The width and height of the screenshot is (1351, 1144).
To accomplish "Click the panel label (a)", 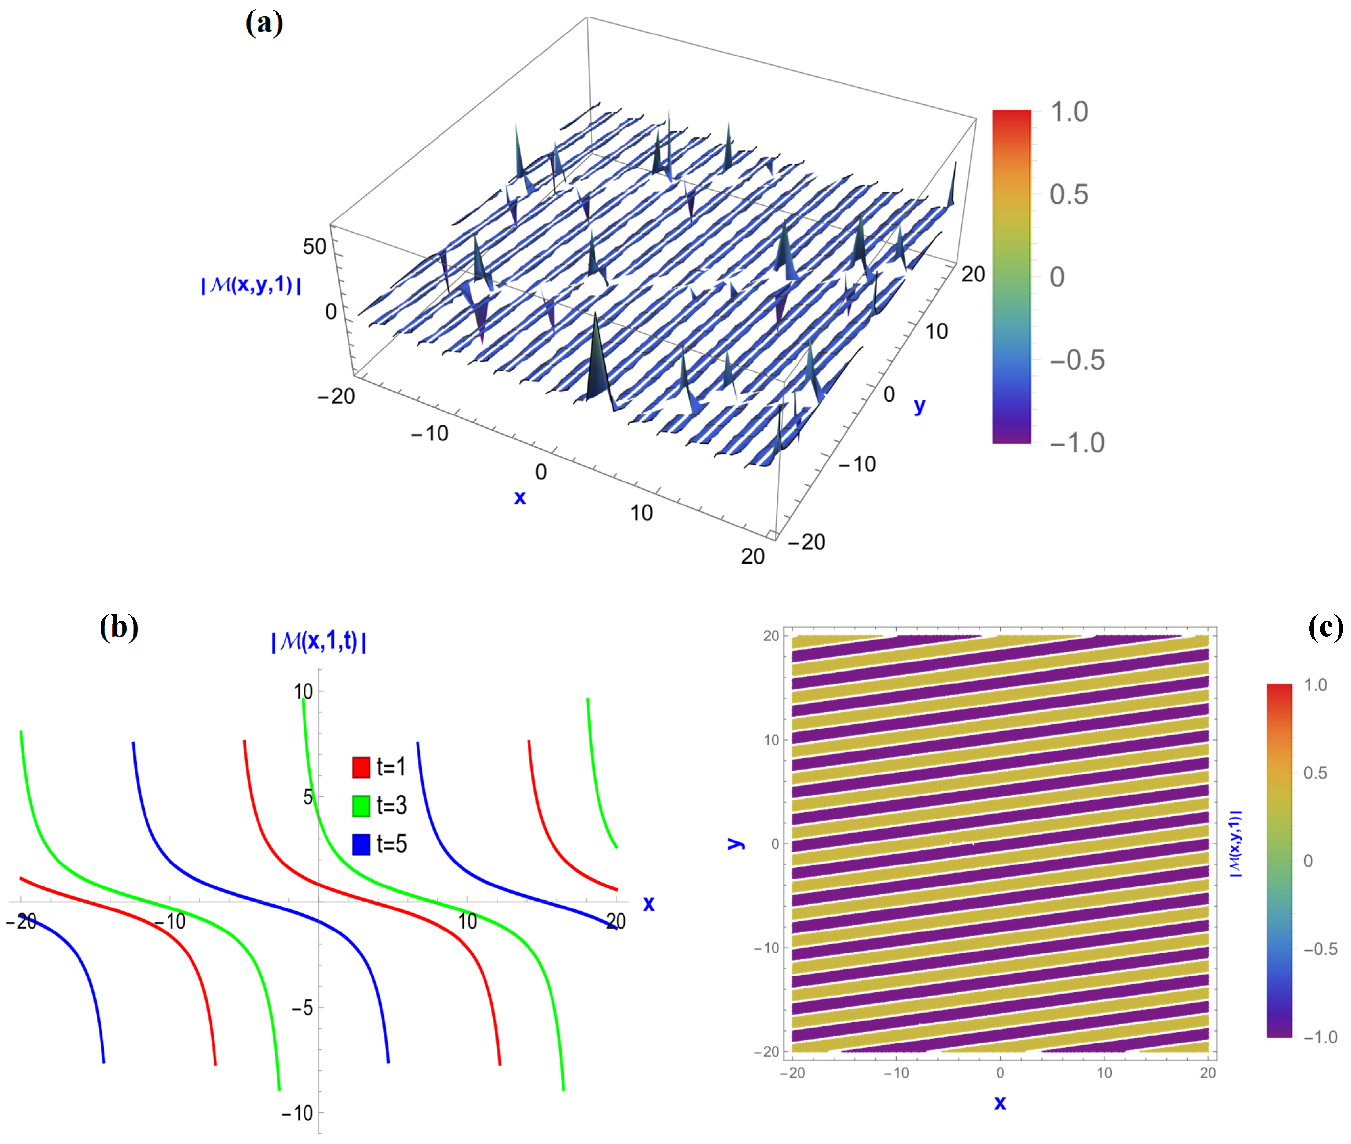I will tap(264, 24).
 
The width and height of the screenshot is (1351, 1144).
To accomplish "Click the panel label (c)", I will tap(1325, 628).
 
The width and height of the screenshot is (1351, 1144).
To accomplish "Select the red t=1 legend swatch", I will tap(361, 767).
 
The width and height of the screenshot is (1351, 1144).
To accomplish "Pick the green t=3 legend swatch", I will tap(361, 805).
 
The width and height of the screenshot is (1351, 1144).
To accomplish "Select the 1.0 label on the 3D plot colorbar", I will tap(1069, 112).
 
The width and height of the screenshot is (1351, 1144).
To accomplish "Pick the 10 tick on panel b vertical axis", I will tap(303, 692).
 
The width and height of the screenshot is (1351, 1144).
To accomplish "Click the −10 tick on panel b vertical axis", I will tap(298, 1113).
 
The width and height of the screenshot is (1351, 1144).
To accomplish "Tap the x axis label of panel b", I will tap(649, 904).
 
